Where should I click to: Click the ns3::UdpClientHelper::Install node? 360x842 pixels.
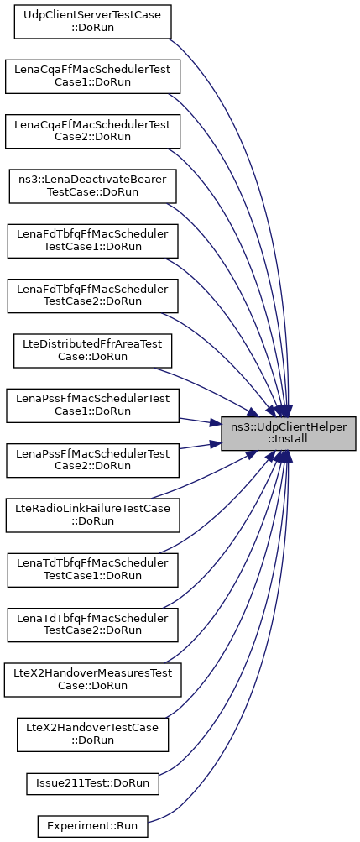click(289, 433)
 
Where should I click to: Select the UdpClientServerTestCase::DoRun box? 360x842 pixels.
click(92, 22)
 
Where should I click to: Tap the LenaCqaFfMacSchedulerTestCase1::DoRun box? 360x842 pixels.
click(92, 76)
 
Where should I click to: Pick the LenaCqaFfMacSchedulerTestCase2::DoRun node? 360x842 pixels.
click(92, 131)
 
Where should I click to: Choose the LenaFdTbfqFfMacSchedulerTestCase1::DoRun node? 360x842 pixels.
click(92, 241)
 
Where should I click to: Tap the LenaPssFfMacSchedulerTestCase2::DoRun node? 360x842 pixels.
click(92, 460)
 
